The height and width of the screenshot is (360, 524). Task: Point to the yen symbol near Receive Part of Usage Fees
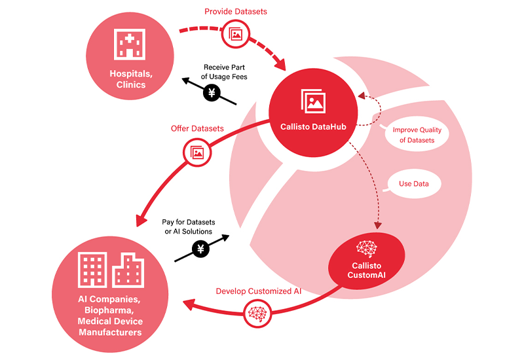(x=212, y=93)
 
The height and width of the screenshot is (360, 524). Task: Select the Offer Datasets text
(x=197, y=128)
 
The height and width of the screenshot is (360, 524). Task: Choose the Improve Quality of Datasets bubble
(x=413, y=135)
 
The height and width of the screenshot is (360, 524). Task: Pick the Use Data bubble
(x=413, y=184)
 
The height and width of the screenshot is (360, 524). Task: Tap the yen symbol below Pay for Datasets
(x=201, y=248)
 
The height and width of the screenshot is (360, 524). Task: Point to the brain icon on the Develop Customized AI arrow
(x=256, y=314)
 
